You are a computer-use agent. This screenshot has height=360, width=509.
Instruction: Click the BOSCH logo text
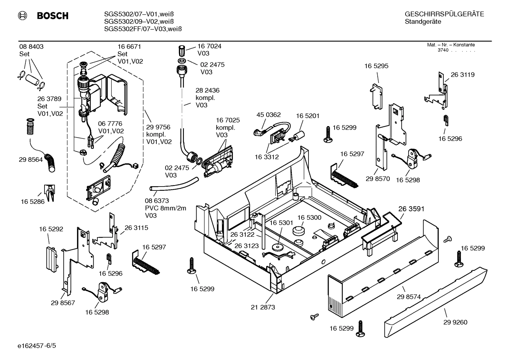tap(53, 16)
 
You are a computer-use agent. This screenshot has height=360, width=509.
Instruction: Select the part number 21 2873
tap(263, 307)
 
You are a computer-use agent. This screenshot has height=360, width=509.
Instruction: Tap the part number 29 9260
tap(455, 322)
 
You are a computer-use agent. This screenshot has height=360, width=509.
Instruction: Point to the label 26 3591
tap(411, 209)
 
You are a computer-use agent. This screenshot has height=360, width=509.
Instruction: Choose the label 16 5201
tap(307, 116)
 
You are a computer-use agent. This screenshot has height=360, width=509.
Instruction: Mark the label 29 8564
tap(31, 160)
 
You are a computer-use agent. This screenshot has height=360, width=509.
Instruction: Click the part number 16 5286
tap(33, 202)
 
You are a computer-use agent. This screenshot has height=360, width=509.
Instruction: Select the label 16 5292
tap(51, 229)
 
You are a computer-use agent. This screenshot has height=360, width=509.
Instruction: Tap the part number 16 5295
tap(376, 66)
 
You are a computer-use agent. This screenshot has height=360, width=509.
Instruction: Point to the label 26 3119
tap(462, 75)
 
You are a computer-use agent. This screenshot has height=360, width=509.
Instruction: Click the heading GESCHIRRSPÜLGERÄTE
tap(444, 14)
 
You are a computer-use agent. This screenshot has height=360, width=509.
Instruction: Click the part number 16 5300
tap(309, 218)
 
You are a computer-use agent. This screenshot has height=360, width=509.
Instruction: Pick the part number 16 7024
tap(209, 46)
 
